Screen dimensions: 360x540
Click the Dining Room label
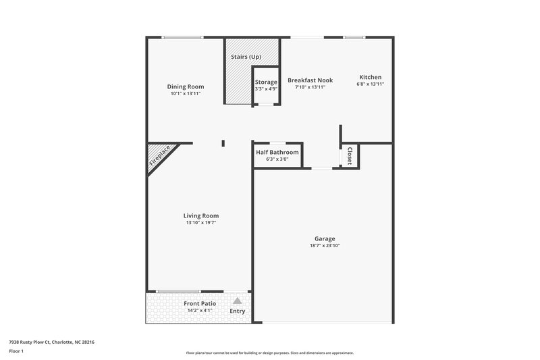pos(186,86)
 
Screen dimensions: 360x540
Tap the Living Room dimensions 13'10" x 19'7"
pos(200,223)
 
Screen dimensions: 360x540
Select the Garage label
pos(325,238)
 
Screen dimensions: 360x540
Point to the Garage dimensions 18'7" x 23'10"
pos(325,246)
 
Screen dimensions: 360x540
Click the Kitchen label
pos(370,77)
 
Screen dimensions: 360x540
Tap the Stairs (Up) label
pos(246,57)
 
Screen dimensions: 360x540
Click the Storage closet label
pos(266,82)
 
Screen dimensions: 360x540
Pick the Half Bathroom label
pos(277,153)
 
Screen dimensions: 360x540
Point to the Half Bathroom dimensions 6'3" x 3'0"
pos(277,160)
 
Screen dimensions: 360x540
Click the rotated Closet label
pos(350,157)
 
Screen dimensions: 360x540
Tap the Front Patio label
pos(200,304)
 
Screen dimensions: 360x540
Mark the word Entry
pos(238,311)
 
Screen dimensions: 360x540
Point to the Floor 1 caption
pos(16,352)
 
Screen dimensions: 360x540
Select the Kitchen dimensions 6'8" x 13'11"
pos(370,84)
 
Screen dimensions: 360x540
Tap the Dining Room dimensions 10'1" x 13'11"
pos(186,94)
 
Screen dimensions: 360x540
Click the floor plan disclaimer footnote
pos(269,353)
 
